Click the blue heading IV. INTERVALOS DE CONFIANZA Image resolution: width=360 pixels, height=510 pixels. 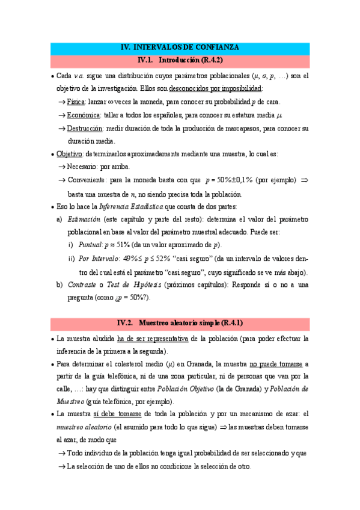click(180, 47)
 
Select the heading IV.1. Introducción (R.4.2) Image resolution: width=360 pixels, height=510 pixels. click(180, 60)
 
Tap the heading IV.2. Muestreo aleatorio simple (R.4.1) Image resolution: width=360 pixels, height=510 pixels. click(180, 323)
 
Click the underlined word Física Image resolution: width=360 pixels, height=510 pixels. click(76, 102)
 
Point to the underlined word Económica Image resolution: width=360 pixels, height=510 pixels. click(84, 115)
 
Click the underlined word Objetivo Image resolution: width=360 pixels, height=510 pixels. click(69, 154)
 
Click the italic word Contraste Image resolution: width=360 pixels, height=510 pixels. click(82, 284)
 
